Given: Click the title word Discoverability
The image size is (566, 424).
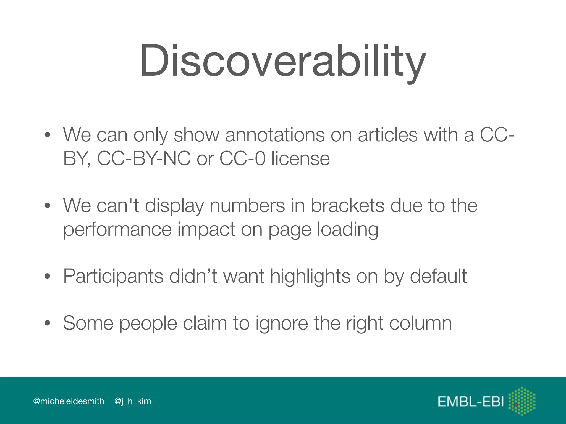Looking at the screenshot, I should click(x=283, y=61).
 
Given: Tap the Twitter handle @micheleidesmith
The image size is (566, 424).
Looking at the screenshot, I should click(x=69, y=401).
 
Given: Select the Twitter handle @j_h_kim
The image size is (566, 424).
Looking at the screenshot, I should click(x=133, y=401).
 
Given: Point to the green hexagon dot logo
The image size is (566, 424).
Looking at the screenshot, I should click(x=522, y=401).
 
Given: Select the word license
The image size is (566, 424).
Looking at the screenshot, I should click(x=300, y=158).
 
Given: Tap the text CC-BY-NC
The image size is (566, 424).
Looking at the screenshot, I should click(x=144, y=158).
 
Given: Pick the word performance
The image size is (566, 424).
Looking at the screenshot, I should click(x=117, y=229).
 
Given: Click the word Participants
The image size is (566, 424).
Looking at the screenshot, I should click(x=113, y=276).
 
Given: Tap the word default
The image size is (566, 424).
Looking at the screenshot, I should click(x=438, y=276).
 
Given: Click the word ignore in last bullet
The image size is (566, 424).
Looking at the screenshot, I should click(x=281, y=323).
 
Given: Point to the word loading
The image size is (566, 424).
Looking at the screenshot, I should click(x=347, y=229).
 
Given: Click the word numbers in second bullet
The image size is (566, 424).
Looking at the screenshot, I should click(x=247, y=205).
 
